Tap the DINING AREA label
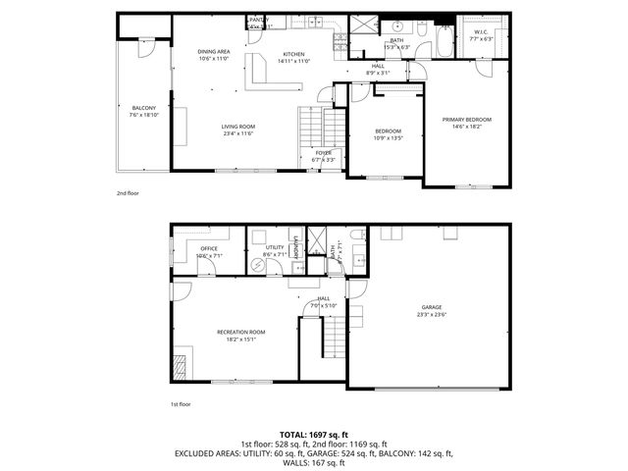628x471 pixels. point(214,52)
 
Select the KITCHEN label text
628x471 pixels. point(293,54)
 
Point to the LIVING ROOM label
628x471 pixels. point(237,126)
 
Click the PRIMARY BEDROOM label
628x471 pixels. point(466,120)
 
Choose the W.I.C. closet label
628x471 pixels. point(481,32)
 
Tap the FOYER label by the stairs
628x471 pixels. point(323,153)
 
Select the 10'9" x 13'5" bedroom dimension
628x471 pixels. point(389,138)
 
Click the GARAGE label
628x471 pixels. point(432,307)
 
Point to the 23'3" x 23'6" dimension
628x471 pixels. point(432,315)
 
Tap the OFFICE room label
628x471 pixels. point(208,248)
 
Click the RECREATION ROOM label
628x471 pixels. point(241,332)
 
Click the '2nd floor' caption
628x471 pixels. point(128,193)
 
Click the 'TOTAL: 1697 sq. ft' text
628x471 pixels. point(314,433)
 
